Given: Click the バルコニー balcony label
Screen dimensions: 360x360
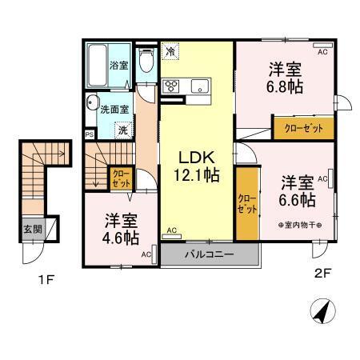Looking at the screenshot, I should point(209,255).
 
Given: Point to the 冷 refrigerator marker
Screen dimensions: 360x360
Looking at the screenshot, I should point(170,51).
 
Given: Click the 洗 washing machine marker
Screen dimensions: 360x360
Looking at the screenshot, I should point(122,128).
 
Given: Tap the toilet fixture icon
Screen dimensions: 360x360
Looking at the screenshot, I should point(146,61).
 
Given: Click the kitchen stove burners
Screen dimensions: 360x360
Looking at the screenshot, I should point(172,86).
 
